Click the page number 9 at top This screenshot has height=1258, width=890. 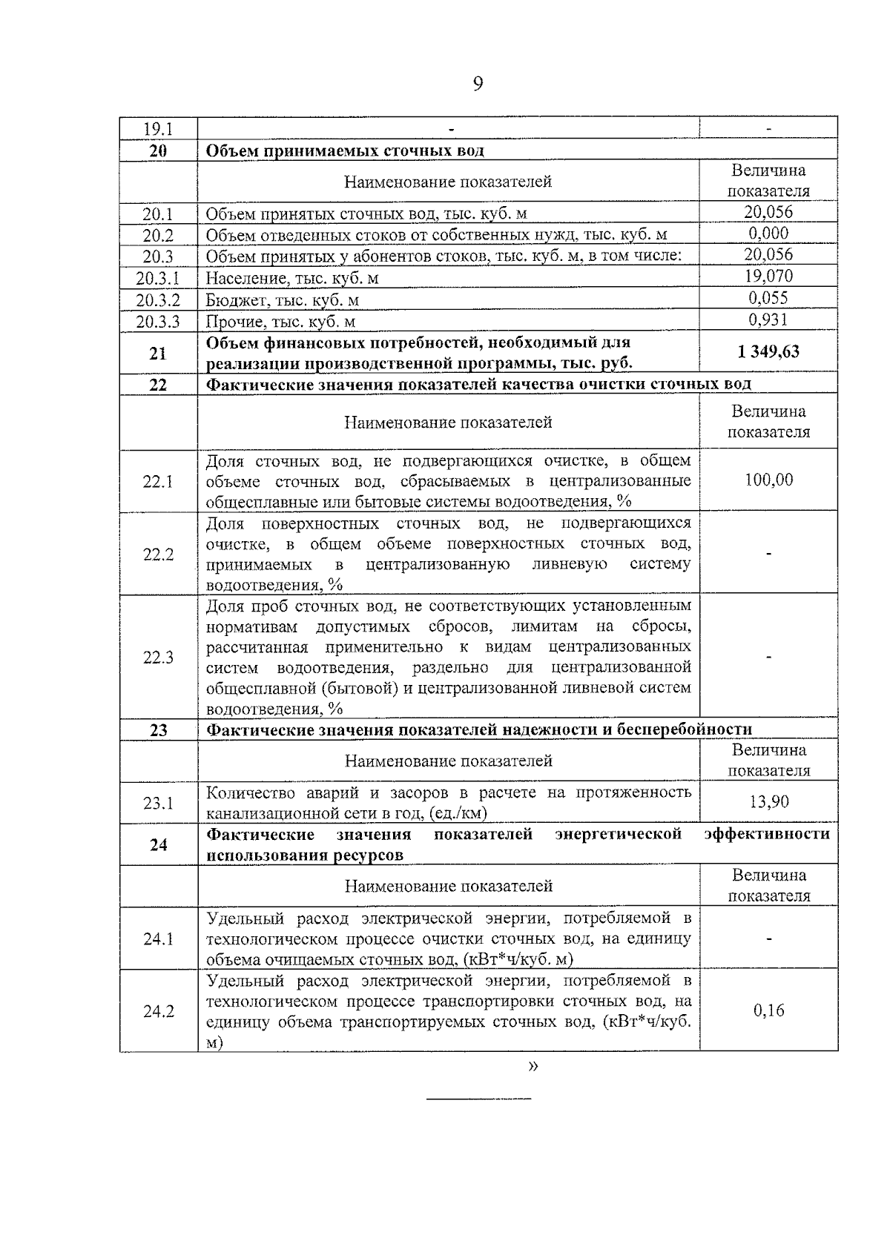[478, 84]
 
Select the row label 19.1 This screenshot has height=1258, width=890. [158, 129]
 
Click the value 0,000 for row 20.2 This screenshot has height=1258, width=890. [768, 234]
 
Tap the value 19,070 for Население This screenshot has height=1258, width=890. [768, 277]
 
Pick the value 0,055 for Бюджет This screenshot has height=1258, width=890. [768, 298]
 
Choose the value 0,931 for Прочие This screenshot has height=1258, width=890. [768, 320]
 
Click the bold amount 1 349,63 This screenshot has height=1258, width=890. [768, 351]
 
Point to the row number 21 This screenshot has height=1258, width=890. [158, 354]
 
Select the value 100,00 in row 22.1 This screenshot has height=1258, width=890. [768, 480]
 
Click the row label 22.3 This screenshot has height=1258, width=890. [158, 658]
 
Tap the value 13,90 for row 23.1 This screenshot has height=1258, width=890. [768, 801]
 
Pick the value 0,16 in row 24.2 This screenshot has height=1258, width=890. [768, 1010]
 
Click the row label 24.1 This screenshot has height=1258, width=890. [158, 939]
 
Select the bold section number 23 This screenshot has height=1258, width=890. [158, 730]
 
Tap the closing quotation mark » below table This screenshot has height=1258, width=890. [533, 1067]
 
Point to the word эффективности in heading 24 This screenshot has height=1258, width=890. [767, 835]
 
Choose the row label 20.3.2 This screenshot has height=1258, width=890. [158, 300]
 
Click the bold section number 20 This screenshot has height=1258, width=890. [158, 151]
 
